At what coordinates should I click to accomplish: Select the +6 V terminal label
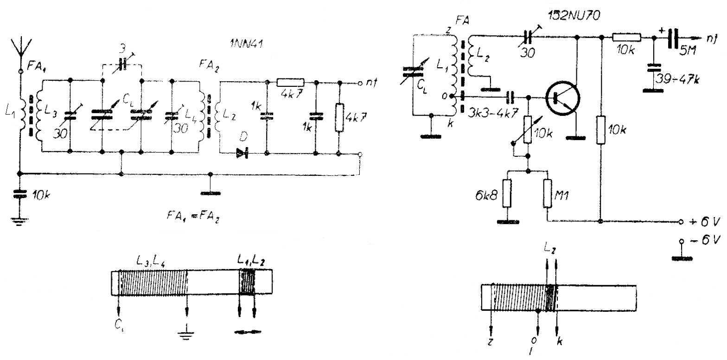pos(704,221)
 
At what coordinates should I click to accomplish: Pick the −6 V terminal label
pos(705,240)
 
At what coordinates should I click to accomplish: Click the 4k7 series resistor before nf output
pos(290,82)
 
